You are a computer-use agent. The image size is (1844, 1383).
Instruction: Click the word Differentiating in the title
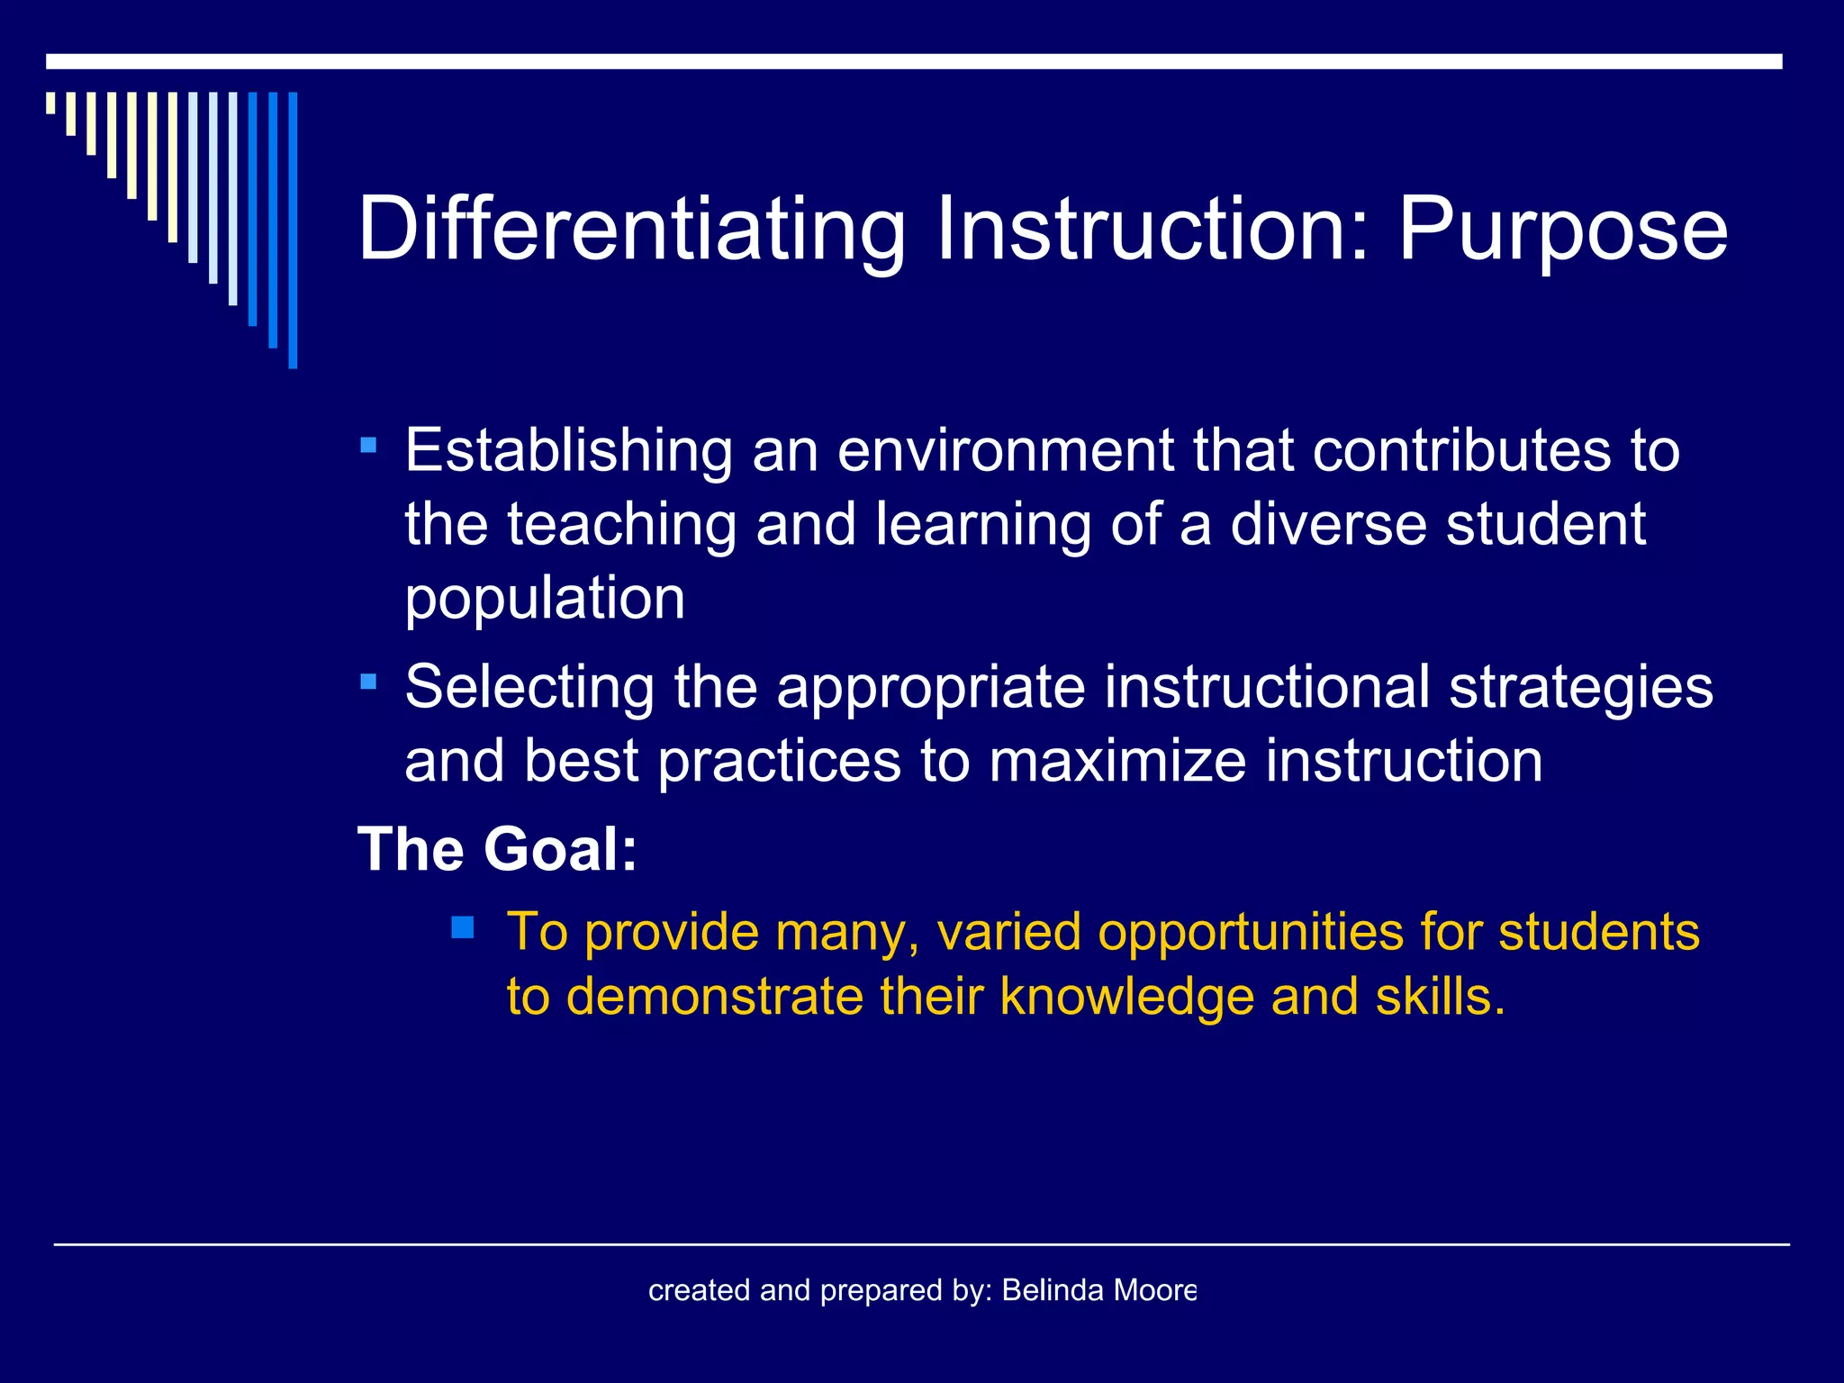click(630, 230)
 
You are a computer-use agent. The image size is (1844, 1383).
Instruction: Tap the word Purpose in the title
click(1562, 230)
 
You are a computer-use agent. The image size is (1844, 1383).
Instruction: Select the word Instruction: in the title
click(1152, 230)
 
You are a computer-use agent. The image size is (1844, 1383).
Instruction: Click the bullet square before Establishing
click(367, 445)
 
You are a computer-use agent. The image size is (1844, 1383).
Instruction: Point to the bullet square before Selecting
click(367, 682)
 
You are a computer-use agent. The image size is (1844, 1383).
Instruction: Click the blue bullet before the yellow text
click(463, 927)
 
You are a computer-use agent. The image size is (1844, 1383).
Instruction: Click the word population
click(545, 598)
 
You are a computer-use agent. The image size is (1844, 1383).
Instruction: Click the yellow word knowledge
click(1125, 997)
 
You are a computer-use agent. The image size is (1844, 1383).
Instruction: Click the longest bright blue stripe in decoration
click(293, 230)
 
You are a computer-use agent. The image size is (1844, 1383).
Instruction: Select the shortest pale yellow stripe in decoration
click(51, 103)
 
